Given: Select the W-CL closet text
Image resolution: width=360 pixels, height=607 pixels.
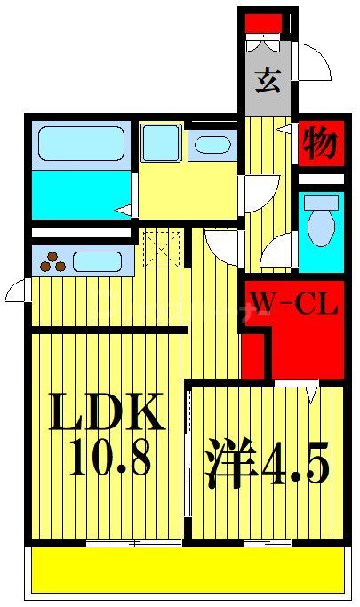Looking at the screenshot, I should coord(293,307).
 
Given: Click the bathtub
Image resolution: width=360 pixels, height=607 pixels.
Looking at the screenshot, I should coord(81,143).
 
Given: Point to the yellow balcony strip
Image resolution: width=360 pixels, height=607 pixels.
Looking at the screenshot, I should coord(187,569).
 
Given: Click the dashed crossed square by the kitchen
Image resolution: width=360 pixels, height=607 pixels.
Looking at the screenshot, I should coord(162,246).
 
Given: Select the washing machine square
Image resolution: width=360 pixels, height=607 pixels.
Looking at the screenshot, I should coord(161,142).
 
